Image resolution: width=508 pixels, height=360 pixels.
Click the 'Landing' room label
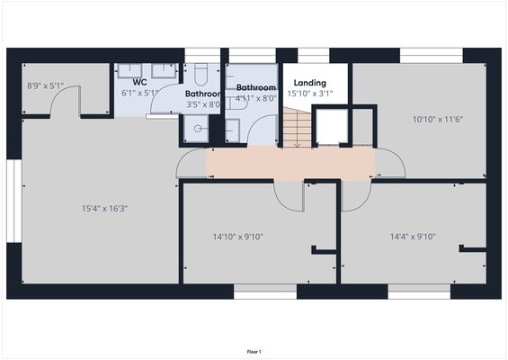tap(309, 83)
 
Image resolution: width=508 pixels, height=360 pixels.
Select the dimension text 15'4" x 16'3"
tap(104, 208)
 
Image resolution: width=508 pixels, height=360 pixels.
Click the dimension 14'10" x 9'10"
tap(237, 237)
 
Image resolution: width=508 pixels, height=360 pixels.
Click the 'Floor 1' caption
tap(254, 351)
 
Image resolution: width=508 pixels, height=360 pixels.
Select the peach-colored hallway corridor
tap(290, 163)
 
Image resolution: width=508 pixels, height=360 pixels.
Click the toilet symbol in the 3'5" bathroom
tap(200, 72)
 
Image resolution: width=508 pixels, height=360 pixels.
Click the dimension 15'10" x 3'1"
tap(309, 94)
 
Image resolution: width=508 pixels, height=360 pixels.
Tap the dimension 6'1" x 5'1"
tap(138, 92)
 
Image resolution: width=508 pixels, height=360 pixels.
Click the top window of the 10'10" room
tap(431, 56)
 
